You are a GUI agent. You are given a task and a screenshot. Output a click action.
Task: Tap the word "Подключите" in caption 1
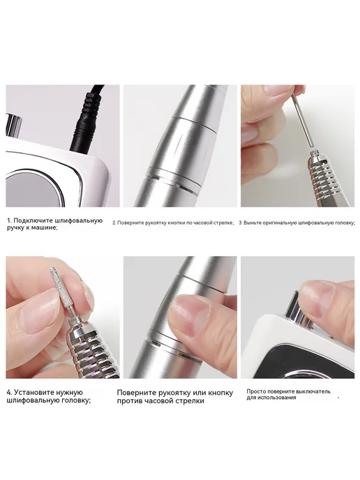click(34, 220)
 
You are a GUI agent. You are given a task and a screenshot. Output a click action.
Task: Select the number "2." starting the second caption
click(114, 223)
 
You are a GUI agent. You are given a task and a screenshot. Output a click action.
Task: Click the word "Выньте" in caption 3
click(250, 223)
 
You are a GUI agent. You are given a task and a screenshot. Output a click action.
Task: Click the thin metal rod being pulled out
click(301, 121)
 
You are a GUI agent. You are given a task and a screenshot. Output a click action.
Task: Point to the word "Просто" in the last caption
click(255, 391)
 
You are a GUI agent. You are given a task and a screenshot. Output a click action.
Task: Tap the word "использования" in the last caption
click(281, 398)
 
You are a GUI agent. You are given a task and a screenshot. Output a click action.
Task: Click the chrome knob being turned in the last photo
click(298, 310)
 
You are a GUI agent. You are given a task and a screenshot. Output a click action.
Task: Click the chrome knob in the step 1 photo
click(14, 126)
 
